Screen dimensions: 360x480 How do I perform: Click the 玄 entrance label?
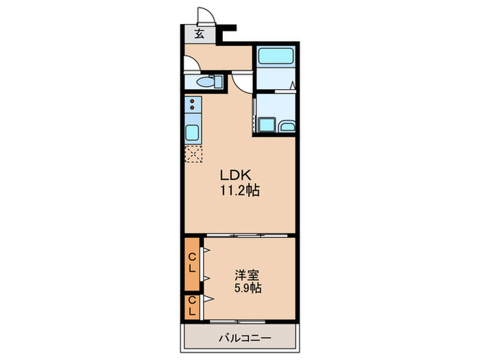[x=199, y=34]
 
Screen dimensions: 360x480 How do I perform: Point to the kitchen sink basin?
[x=193, y=132]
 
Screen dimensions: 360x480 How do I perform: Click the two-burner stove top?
[x=193, y=105]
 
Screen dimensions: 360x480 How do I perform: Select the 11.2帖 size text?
[x=239, y=191]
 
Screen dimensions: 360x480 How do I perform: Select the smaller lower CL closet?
[x=193, y=305]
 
